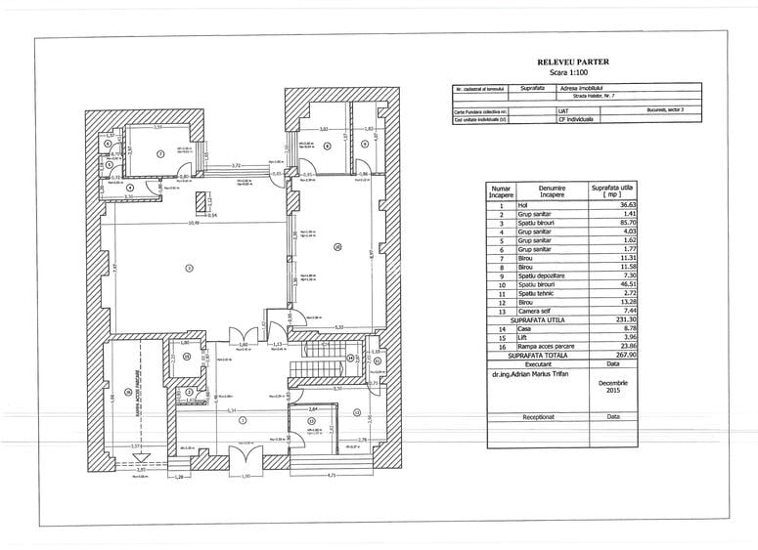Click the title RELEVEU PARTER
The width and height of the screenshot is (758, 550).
[573, 62]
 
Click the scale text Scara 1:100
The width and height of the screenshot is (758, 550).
[573, 72]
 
